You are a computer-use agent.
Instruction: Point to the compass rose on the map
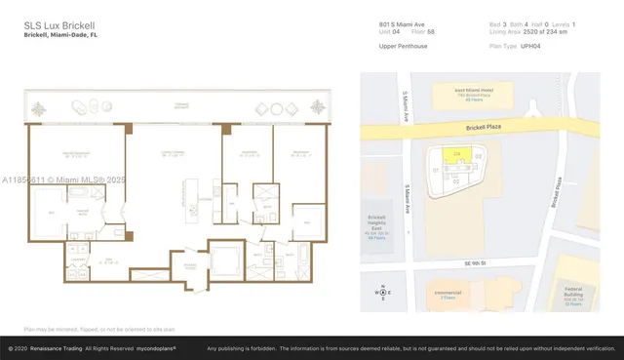(383, 292)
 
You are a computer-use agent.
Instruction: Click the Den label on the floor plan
(109, 260)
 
